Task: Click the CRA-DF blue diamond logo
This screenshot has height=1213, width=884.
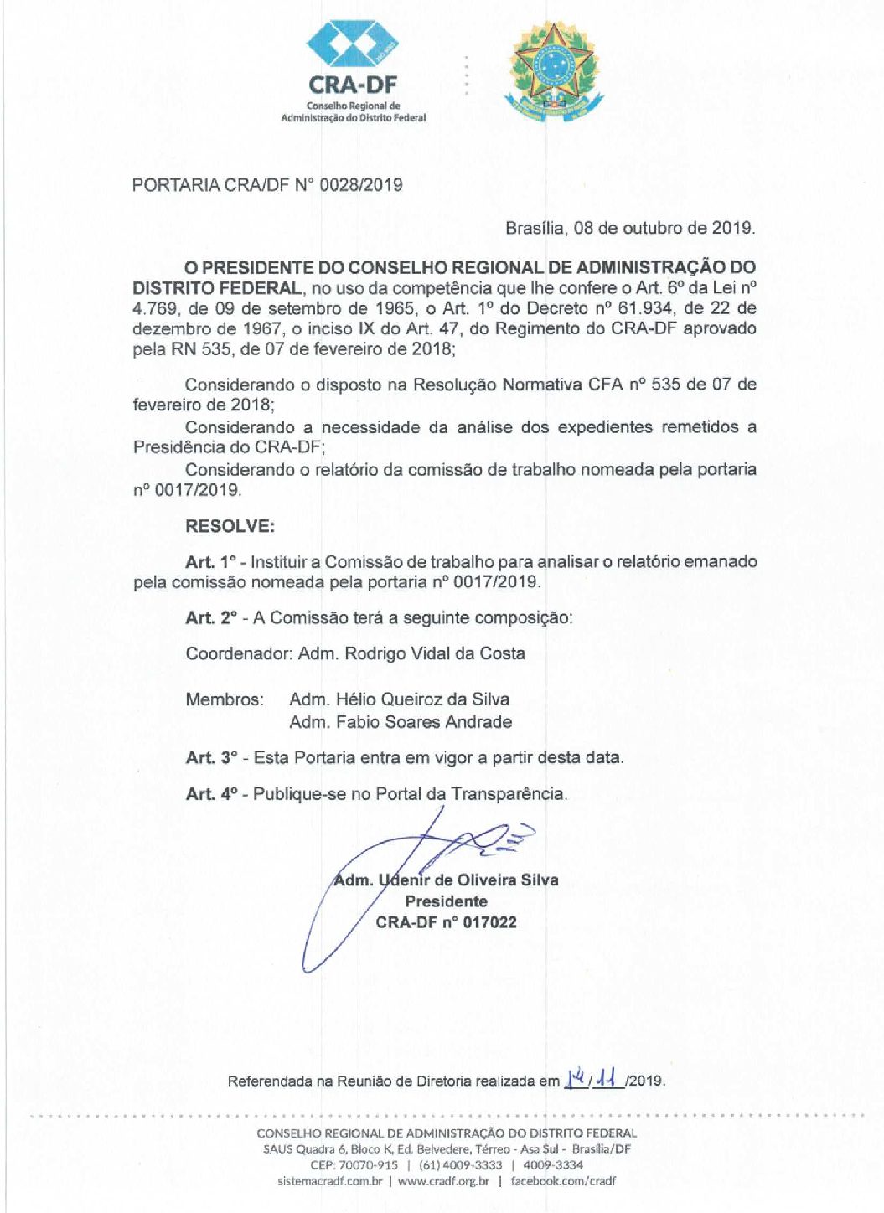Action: coord(352,44)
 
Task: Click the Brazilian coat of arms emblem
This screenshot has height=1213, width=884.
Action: coord(553,71)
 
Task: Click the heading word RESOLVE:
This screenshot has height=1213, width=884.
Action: coord(230,526)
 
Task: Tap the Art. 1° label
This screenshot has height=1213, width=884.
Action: coord(211,562)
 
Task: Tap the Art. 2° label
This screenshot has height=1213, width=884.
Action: coord(211,618)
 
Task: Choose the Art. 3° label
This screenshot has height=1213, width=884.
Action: coord(211,758)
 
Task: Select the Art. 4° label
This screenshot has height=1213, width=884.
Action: coord(211,794)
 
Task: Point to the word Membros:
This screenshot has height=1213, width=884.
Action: coord(225,699)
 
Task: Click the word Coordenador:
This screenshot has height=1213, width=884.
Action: coord(239,654)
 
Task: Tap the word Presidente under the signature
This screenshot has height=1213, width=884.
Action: coord(446,901)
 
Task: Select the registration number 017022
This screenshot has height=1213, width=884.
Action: coord(489,923)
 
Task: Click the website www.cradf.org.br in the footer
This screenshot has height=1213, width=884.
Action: coord(443,1181)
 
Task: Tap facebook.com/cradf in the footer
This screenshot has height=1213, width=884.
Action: coord(563,1181)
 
